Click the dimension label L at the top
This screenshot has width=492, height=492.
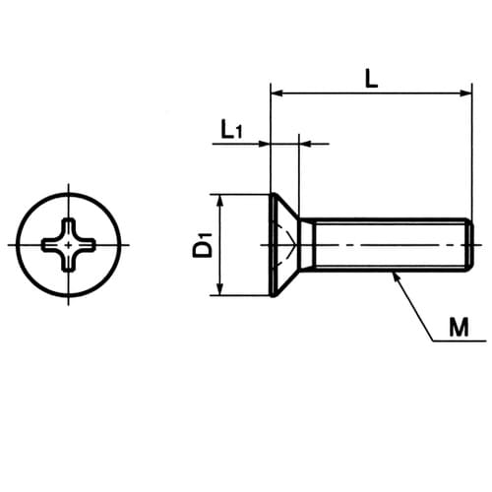(371, 80)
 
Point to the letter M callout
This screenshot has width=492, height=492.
(459, 327)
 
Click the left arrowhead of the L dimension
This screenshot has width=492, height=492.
(277, 93)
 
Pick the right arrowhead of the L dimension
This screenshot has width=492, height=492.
(465, 93)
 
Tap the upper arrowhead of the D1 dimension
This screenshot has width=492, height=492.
(220, 200)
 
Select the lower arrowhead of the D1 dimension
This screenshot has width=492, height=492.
(220, 289)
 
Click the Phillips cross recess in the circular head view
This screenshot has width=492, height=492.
(69, 245)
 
